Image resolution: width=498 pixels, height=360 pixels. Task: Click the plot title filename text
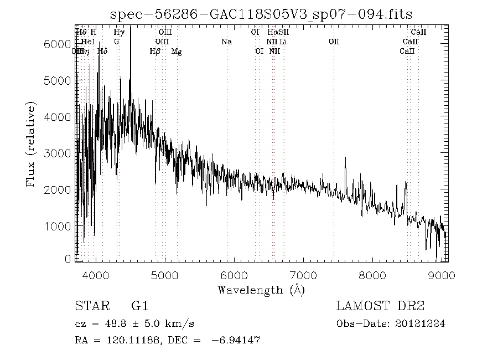tap(261, 14)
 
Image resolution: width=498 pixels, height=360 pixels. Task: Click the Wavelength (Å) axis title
tap(261, 290)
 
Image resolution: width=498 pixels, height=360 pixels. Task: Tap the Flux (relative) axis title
tap(32, 144)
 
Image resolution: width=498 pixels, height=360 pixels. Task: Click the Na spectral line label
tap(226, 42)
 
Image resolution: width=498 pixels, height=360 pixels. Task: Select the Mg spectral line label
tap(177, 52)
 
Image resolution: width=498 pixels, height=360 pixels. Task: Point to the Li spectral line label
tap(283, 42)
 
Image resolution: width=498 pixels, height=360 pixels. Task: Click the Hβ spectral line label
tap(155, 52)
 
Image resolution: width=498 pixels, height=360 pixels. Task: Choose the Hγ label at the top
tap(119, 32)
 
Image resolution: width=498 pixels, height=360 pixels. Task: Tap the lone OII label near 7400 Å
tap(334, 42)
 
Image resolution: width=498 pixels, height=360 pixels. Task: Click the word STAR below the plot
tap(90, 306)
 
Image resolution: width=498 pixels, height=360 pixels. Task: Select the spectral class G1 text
tap(139, 306)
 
